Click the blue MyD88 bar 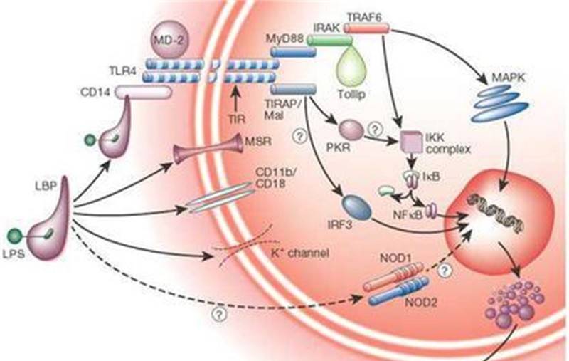click(288, 51)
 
